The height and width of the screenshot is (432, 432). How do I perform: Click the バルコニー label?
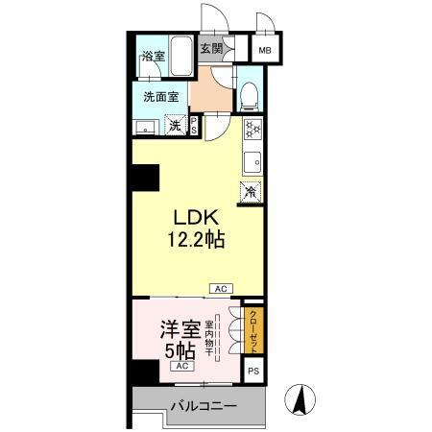(x=203, y=407)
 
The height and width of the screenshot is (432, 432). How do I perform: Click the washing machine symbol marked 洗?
(x=175, y=125)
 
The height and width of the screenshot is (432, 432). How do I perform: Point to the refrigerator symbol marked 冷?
(x=251, y=190)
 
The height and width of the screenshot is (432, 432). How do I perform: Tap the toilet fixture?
(x=249, y=94)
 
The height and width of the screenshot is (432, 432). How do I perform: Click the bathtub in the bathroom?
(x=179, y=57)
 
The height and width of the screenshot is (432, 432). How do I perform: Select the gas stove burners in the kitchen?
(x=252, y=126)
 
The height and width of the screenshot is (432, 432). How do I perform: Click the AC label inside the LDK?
(x=221, y=287)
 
